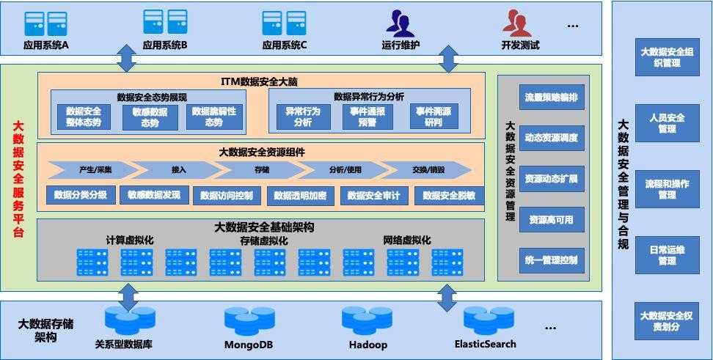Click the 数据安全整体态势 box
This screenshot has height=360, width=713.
(84, 117)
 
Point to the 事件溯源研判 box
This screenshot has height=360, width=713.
(434, 117)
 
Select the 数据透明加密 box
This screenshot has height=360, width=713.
(300, 196)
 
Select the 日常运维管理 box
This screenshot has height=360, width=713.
(667, 255)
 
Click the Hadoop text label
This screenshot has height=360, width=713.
(364, 345)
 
